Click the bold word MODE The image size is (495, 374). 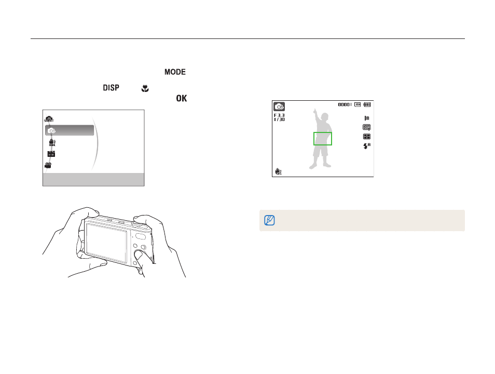pyautogui.click(x=175, y=72)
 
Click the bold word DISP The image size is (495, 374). pyautogui.click(x=111, y=88)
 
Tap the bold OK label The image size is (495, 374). pyautogui.click(x=182, y=98)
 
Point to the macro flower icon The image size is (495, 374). pyautogui.click(x=145, y=88)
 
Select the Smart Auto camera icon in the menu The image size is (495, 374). pyautogui.click(x=49, y=119)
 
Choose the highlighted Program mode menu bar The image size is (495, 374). pyautogui.click(x=70, y=130)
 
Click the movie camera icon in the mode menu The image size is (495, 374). pyautogui.click(x=48, y=165)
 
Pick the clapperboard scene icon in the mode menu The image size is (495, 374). pyautogui.click(x=51, y=154)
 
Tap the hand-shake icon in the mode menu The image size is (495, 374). pyautogui.click(x=52, y=142)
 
